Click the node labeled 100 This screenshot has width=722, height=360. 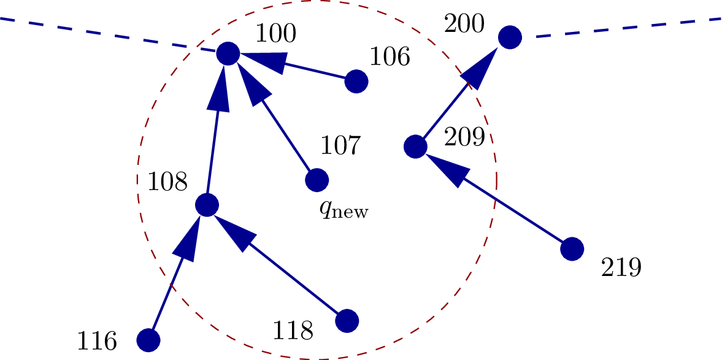(228, 53)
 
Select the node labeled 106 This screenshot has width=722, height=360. (356, 81)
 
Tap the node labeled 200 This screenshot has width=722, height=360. (510, 37)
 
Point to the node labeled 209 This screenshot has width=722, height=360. (415, 147)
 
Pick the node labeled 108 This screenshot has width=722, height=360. (207, 205)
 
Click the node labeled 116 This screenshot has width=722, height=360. (148, 340)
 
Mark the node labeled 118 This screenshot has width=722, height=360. (347, 321)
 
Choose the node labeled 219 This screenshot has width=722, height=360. (572, 249)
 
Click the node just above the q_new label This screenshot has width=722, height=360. (317, 180)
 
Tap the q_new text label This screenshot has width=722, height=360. (344, 210)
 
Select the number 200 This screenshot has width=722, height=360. (464, 25)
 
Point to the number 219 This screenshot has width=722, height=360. (621, 268)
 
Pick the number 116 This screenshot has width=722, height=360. (96, 341)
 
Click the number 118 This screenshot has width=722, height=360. (293, 331)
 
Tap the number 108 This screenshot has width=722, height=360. (167, 182)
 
